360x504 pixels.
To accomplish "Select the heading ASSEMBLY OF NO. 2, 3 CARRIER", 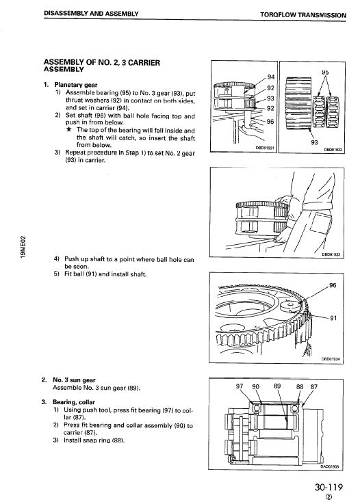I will coord(102,62).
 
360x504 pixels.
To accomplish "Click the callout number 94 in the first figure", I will coord(270,77).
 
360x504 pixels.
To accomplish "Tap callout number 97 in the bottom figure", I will coord(240,386).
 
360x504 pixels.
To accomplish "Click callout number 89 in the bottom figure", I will coord(277,386).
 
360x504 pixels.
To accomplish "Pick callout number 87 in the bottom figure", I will coord(314,386).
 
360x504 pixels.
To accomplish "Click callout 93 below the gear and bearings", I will coord(314,143).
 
